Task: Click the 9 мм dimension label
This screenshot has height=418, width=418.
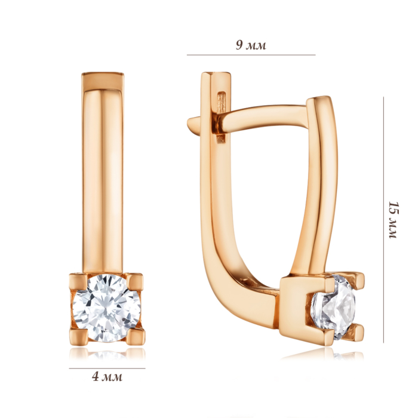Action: [251, 45]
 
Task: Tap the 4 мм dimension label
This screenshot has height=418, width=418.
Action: [107, 377]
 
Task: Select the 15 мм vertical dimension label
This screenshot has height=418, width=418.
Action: [394, 220]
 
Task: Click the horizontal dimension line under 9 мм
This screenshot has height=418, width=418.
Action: [251, 55]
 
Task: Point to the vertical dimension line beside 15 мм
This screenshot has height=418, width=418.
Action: [383, 220]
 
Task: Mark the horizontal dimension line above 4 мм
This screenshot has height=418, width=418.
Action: [107, 368]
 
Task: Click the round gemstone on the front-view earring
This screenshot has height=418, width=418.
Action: [107, 308]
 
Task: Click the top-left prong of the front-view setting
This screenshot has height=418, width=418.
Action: [78, 282]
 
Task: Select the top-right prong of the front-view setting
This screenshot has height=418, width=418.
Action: [134, 282]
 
